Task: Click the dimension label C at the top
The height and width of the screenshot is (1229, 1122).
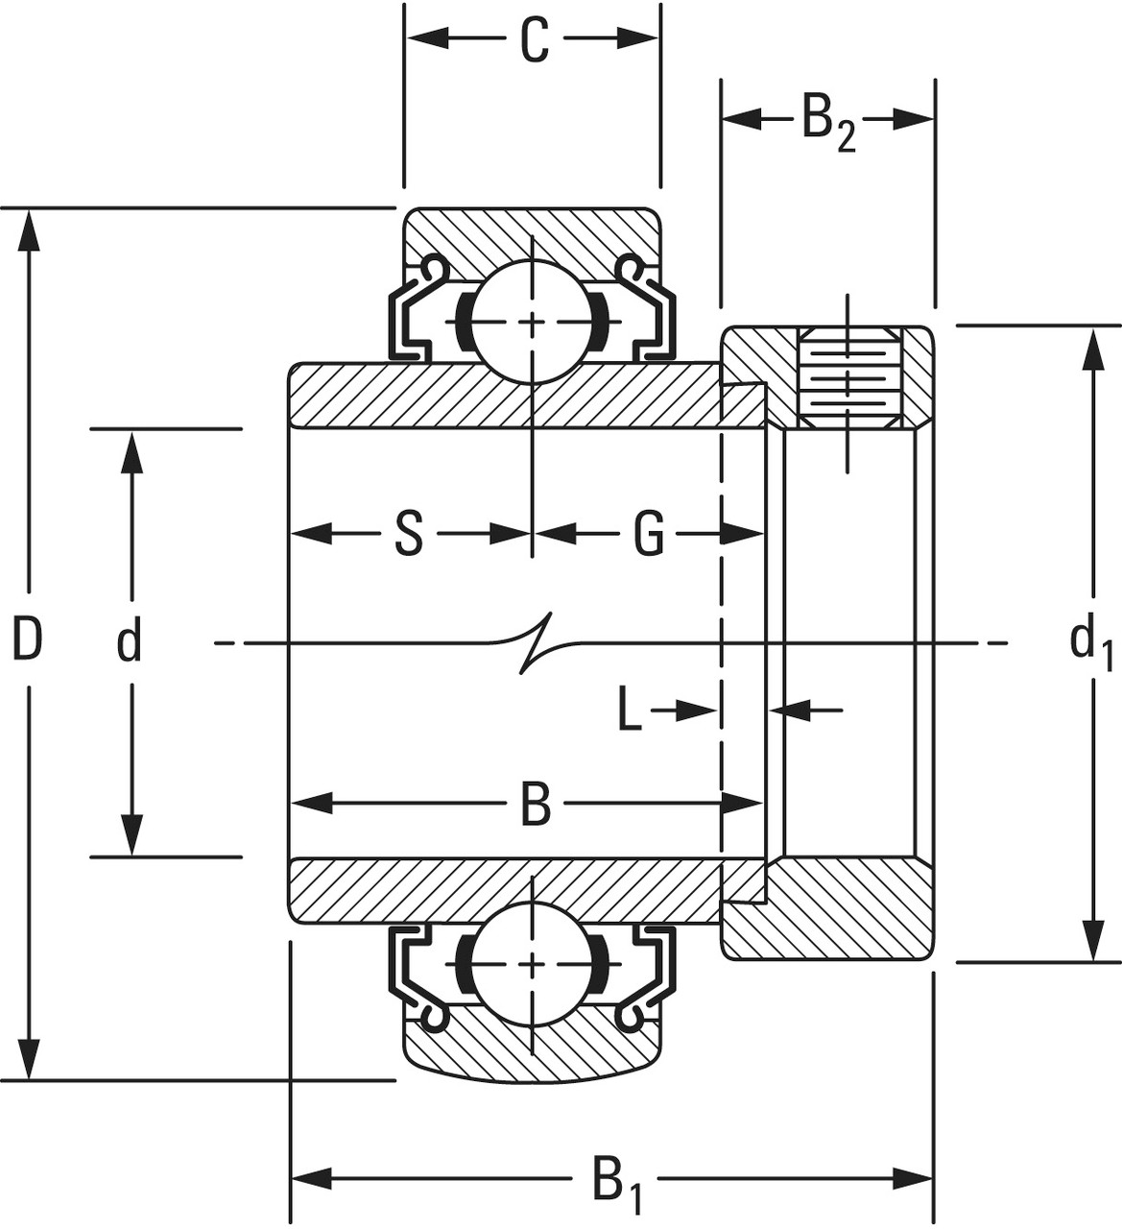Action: pos(534,40)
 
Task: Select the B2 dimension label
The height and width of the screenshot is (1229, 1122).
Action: pos(826,122)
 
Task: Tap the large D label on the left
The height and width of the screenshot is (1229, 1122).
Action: pos(27,640)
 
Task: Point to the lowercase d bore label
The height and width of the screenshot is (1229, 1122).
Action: pos(129,641)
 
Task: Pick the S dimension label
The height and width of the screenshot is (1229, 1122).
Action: pos(409,534)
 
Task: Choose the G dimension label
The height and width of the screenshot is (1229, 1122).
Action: pos(649,534)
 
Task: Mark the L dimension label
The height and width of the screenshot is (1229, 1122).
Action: pos(629,711)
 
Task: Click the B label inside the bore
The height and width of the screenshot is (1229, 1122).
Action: pos(535,805)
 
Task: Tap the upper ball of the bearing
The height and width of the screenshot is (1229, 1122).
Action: pos(532,322)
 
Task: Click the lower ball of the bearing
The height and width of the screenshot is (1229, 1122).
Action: pos(532,963)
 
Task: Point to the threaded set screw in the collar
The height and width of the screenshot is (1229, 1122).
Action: pos(848,377)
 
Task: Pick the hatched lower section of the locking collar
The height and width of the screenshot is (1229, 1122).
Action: pos(827,909)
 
